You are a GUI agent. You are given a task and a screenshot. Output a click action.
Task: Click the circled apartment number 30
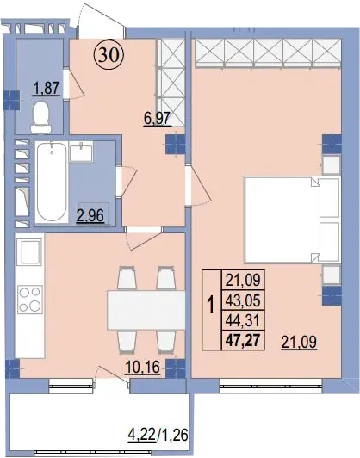(x=109, y=55)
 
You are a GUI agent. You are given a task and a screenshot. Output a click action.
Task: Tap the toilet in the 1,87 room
(x=41, y=117)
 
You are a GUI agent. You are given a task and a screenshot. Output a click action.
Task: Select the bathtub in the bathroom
(x=52, y=182)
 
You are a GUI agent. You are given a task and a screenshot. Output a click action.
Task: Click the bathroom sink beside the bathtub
(x=81, y=152)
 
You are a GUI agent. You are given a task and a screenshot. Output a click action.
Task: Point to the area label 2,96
(x=90, y=215)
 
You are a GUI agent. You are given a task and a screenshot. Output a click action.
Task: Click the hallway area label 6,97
(x=158, y=119)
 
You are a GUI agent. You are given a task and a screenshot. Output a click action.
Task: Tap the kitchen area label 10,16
(x=142, y=367)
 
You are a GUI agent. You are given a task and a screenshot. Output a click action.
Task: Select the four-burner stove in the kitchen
(x=29, y=300)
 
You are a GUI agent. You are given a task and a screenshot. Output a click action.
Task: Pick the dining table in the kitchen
(x=146, y=310)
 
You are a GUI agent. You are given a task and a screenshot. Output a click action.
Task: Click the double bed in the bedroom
(x=293, y=220)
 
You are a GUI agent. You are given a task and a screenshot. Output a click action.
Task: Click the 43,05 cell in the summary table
(x=243, y=300)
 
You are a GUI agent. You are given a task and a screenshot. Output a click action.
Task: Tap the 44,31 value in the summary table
(x=243, y=321)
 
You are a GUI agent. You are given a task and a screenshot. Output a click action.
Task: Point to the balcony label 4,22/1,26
(x=158, y=436)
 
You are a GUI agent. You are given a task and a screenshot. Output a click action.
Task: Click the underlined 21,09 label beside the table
(x=299, y=343)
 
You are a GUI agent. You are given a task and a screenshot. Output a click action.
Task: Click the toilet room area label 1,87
(x=47, y=89)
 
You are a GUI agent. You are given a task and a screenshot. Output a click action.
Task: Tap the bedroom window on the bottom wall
(x=271, y=384)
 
